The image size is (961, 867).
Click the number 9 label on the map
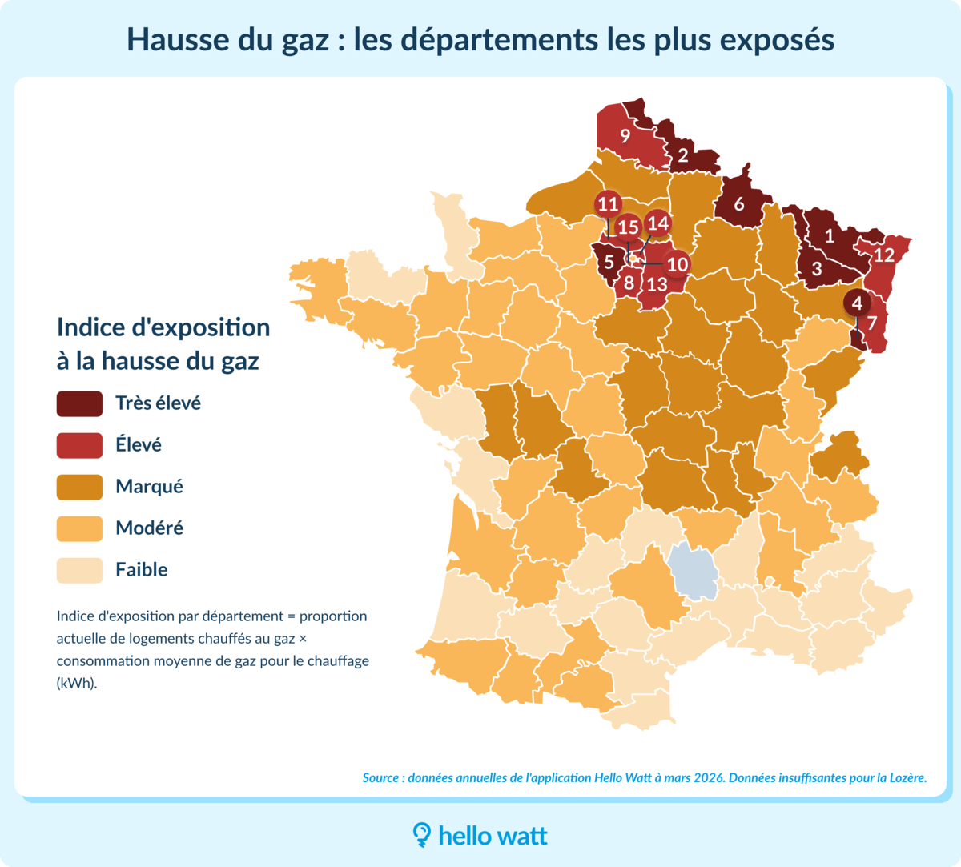point(625,136)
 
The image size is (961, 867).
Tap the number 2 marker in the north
point(682,155)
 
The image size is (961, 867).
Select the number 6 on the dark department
point(738,204)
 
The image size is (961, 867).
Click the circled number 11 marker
point(608,204)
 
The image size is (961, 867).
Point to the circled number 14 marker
point(657,223)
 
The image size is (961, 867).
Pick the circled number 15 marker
point(628,228)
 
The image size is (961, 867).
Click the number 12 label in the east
point(883,255)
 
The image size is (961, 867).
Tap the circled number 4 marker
point(858,303)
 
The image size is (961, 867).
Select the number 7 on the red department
point(872,323)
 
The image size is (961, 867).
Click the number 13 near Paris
point(657,284)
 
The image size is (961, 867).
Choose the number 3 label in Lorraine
point(816,269)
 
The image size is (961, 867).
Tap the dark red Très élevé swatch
point(79,403)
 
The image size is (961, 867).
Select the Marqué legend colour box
point(79,487)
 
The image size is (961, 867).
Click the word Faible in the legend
point(141,570)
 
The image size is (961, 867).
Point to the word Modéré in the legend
point(149,528)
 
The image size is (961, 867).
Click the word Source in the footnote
point(380,778)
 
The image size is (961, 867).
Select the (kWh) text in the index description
point(76,684)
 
